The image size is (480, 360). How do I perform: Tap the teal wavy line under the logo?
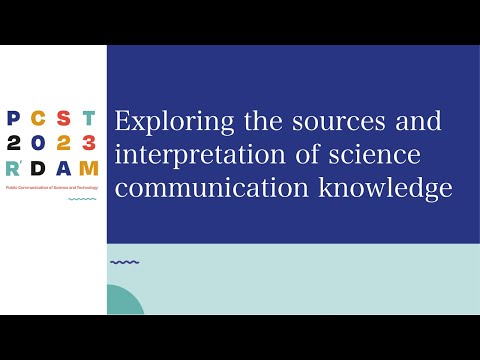tap(82, 199)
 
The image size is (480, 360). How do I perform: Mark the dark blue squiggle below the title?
tap(124, 262)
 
